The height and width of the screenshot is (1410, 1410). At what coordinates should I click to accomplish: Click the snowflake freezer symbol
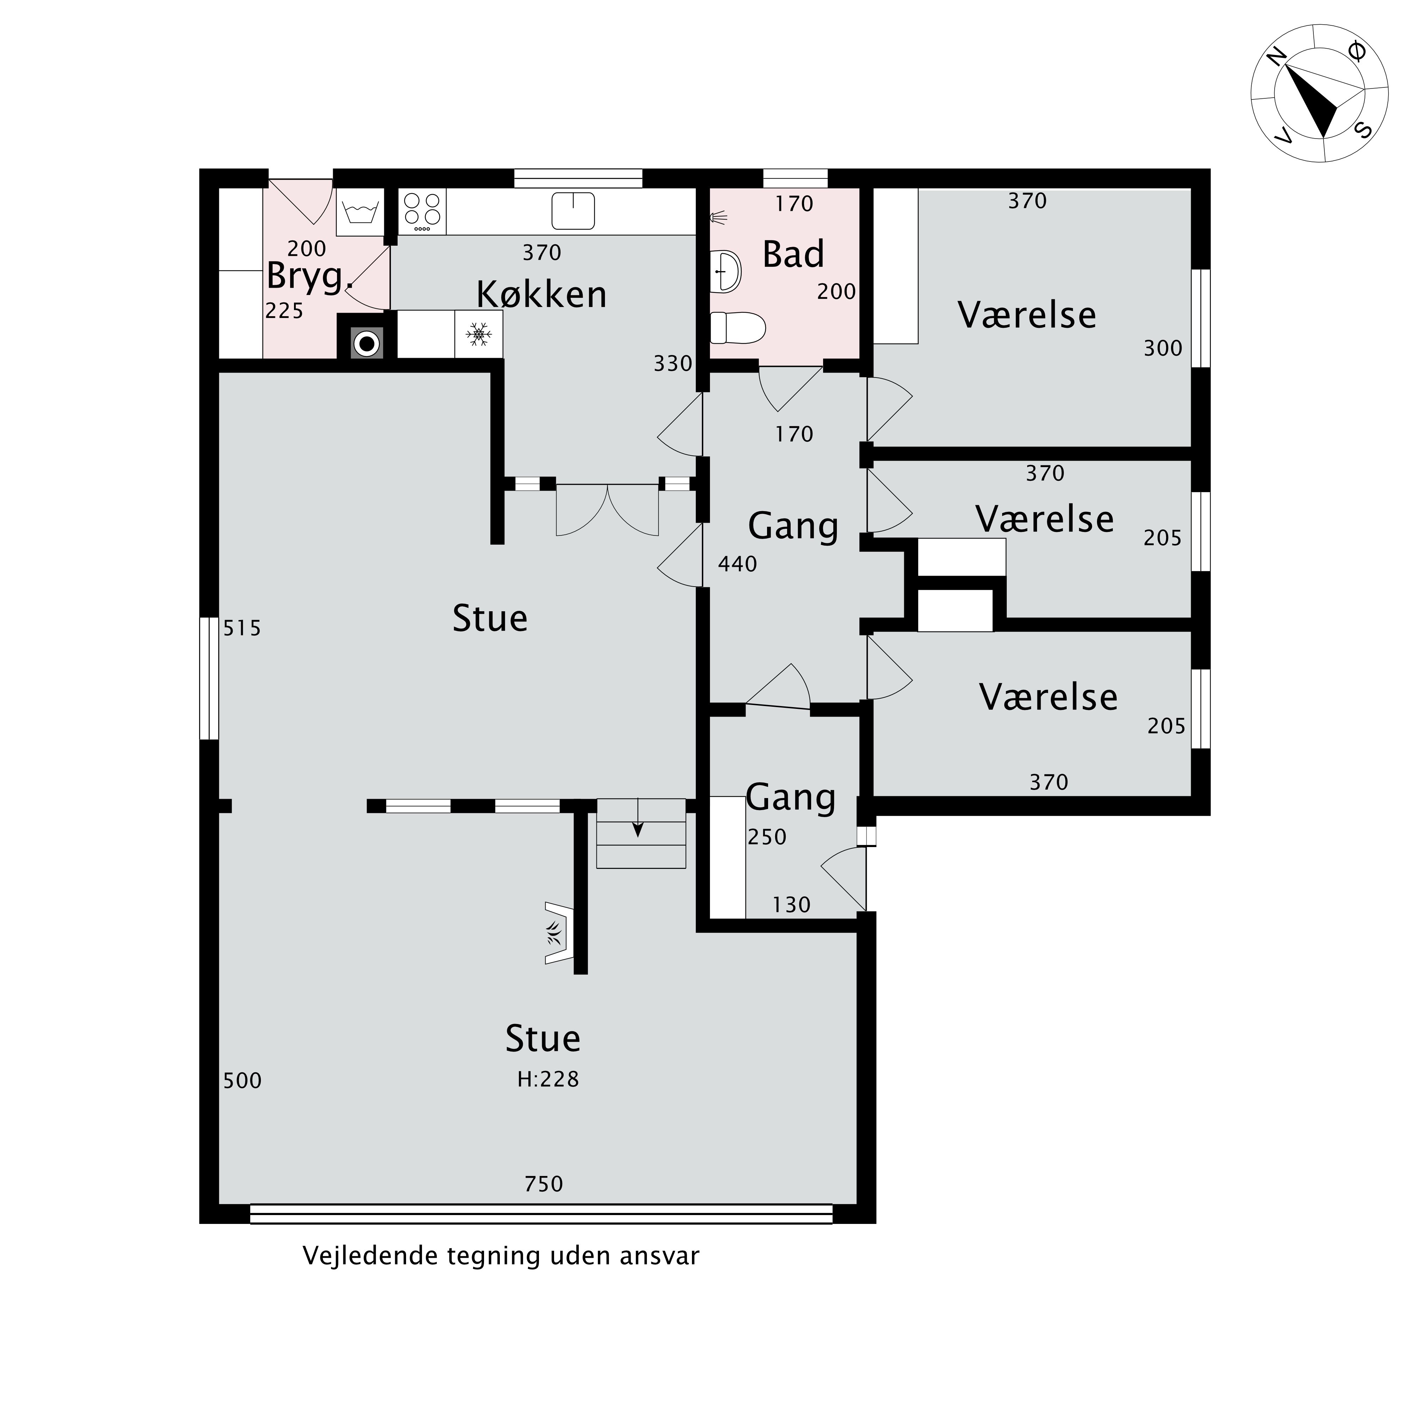(479, 334)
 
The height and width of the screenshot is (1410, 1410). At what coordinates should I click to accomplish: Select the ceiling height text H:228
(548, 1079)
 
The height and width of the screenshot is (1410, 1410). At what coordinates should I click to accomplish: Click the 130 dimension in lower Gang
(792, 905)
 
